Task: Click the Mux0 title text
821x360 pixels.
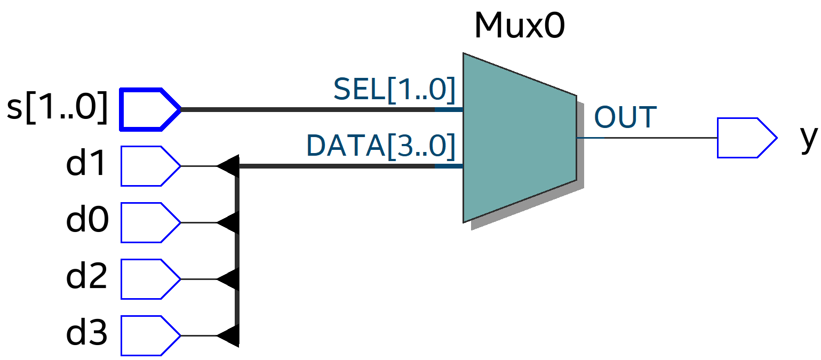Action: [x=519, y=26]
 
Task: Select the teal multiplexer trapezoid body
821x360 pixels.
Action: [x=517, y=138]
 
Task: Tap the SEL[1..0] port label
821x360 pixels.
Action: [x=394, y=90]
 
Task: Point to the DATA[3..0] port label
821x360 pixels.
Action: [x=381, y=146]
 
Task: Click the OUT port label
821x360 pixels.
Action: [x=625, y=118]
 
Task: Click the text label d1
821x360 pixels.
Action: [x=87, y=165]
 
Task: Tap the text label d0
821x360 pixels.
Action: [x=87, y=221]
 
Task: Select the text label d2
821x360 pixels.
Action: [x=87, y=278]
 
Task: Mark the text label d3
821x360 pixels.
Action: [x=87, y=334]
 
